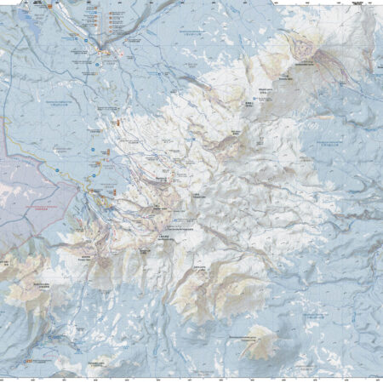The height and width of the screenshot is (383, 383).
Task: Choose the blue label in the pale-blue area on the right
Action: pos(328,143)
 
